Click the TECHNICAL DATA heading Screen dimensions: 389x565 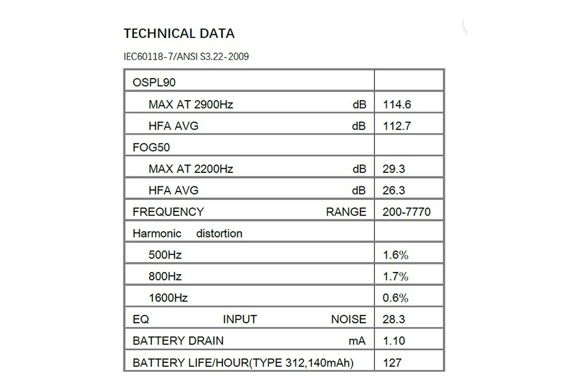click(179, 33)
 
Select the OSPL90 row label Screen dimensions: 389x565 click(154, 83)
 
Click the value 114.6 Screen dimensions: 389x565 click(397, 105)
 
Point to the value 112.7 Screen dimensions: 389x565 click(397, 126)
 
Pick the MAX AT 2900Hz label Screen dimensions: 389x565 click(190, 105)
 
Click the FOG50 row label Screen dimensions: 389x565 click(151, 147)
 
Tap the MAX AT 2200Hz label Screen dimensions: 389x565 click(190, 169)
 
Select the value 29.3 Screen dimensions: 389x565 click(394, 169)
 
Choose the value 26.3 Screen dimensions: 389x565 click(394, 190)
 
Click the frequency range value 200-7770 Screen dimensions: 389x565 click(407, 212)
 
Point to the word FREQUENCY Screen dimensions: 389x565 click(168, 212)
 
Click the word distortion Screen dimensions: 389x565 click(219, 234)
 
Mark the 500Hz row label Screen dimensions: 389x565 click(165, 255)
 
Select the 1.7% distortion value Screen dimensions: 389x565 click(395, 277)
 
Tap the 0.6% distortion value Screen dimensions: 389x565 click(395, 298)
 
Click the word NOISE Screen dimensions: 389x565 click(348, 319)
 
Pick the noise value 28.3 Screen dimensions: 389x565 click(394, 319)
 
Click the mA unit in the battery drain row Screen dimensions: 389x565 click(357, 341)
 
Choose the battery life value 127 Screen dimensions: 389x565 click(392, 362)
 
